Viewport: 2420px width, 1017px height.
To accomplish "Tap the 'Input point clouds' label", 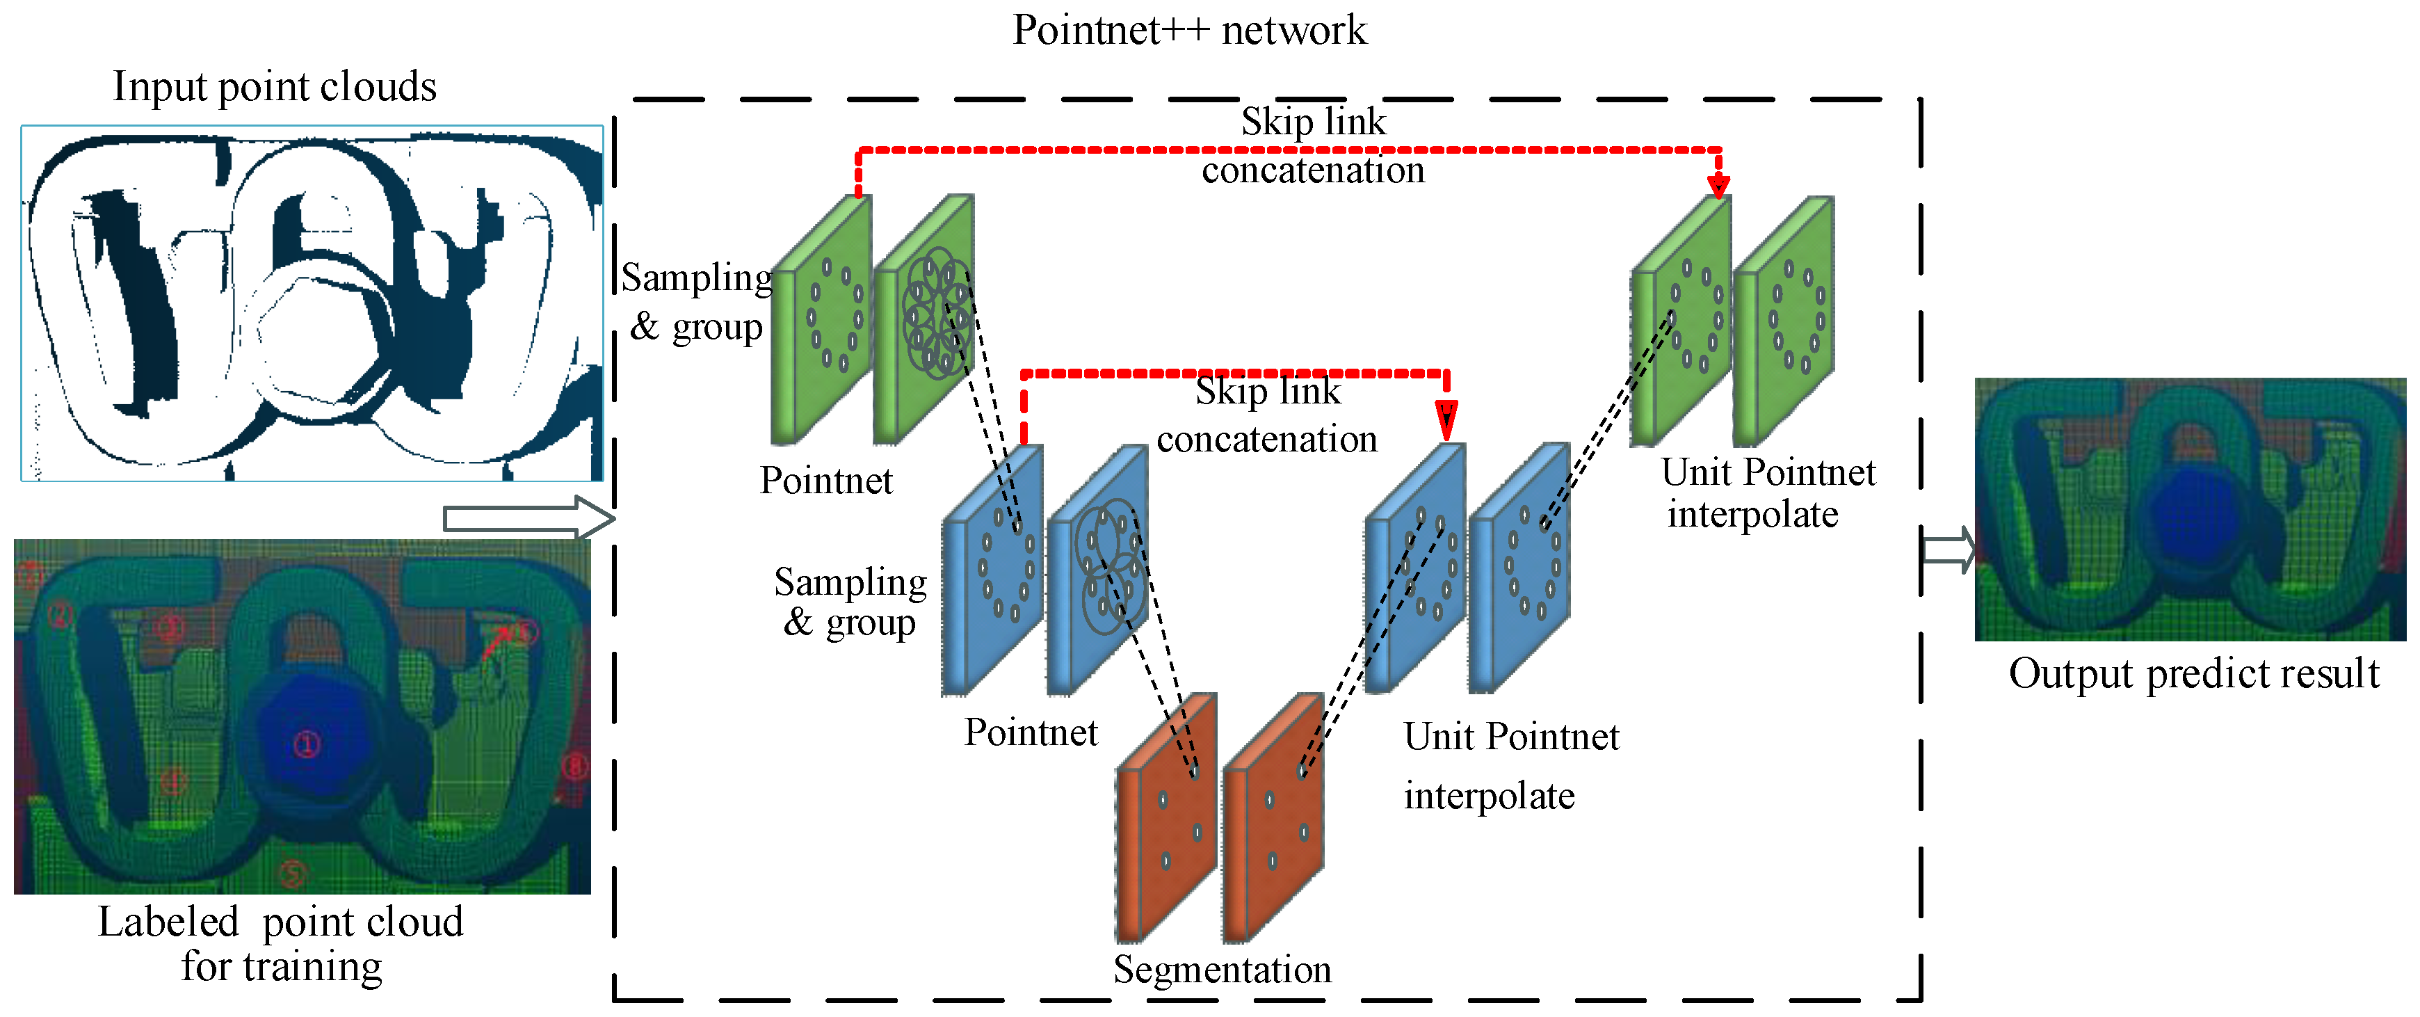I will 274,86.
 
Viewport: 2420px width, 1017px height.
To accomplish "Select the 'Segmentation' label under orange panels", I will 1221,969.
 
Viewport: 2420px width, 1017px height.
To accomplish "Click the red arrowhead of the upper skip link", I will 1718,184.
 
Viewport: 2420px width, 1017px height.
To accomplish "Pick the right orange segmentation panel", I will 1273,818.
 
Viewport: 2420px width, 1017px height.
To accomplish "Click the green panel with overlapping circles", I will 924,319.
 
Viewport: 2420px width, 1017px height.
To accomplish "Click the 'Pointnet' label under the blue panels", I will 1031,732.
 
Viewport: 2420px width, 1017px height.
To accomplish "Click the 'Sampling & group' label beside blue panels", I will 850,602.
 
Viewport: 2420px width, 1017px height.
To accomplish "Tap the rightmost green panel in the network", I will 1784,319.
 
